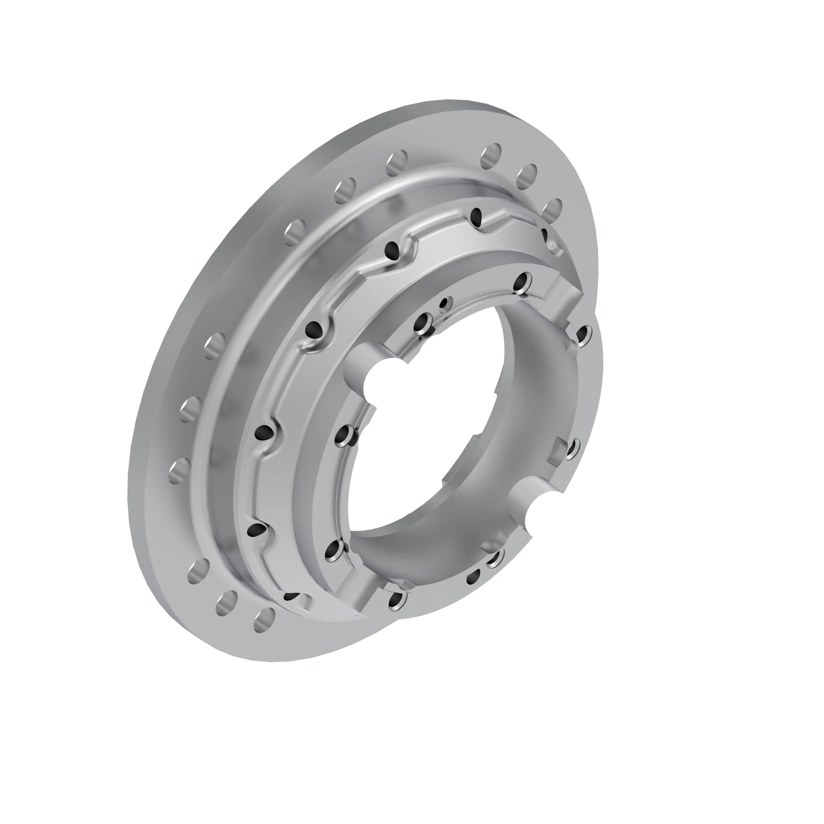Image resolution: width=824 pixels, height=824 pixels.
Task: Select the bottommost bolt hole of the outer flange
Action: click(x=265, y=620)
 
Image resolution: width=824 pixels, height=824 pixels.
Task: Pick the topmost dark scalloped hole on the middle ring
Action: click(x=476, y=217)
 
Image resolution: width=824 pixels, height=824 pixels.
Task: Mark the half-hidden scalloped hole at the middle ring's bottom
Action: click(x=292, y=596)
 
